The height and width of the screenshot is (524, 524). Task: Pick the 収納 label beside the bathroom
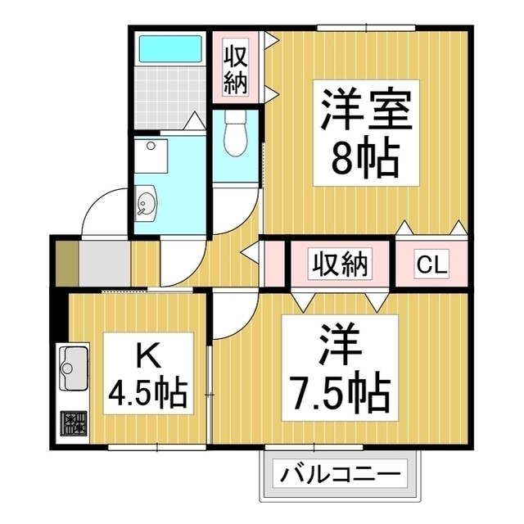pyautogui.click(x=235, y=69)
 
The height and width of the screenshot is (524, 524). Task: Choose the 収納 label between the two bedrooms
pyautogui.click(x=339, y=264)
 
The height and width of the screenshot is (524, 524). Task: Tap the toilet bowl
pyautogui.click(x=235, y=136)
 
